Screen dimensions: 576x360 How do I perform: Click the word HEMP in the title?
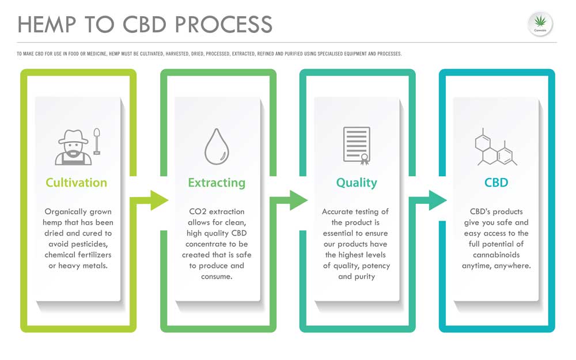(47, 24)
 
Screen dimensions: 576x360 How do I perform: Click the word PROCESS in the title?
(223, 24)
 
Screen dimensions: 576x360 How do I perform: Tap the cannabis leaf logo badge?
(540, 24)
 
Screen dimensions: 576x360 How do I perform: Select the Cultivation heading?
(77, 183)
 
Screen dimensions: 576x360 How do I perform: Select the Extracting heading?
(217, 183)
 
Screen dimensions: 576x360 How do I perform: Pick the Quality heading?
(357, 183)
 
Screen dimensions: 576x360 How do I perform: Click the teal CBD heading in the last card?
(497, 183)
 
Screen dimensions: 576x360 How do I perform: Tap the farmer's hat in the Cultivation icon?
(74, 137)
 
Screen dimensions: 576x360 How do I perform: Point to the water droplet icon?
(217, 146)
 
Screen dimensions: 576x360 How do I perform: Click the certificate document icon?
(357, 146)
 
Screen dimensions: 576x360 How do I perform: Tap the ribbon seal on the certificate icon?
(365, 160)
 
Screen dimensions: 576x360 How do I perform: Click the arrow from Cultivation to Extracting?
(150, 200)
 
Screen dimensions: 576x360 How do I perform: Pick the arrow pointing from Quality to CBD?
(429, 200)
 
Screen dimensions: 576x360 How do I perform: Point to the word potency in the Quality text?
(376, 266)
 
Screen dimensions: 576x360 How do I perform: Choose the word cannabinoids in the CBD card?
(497, 255)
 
